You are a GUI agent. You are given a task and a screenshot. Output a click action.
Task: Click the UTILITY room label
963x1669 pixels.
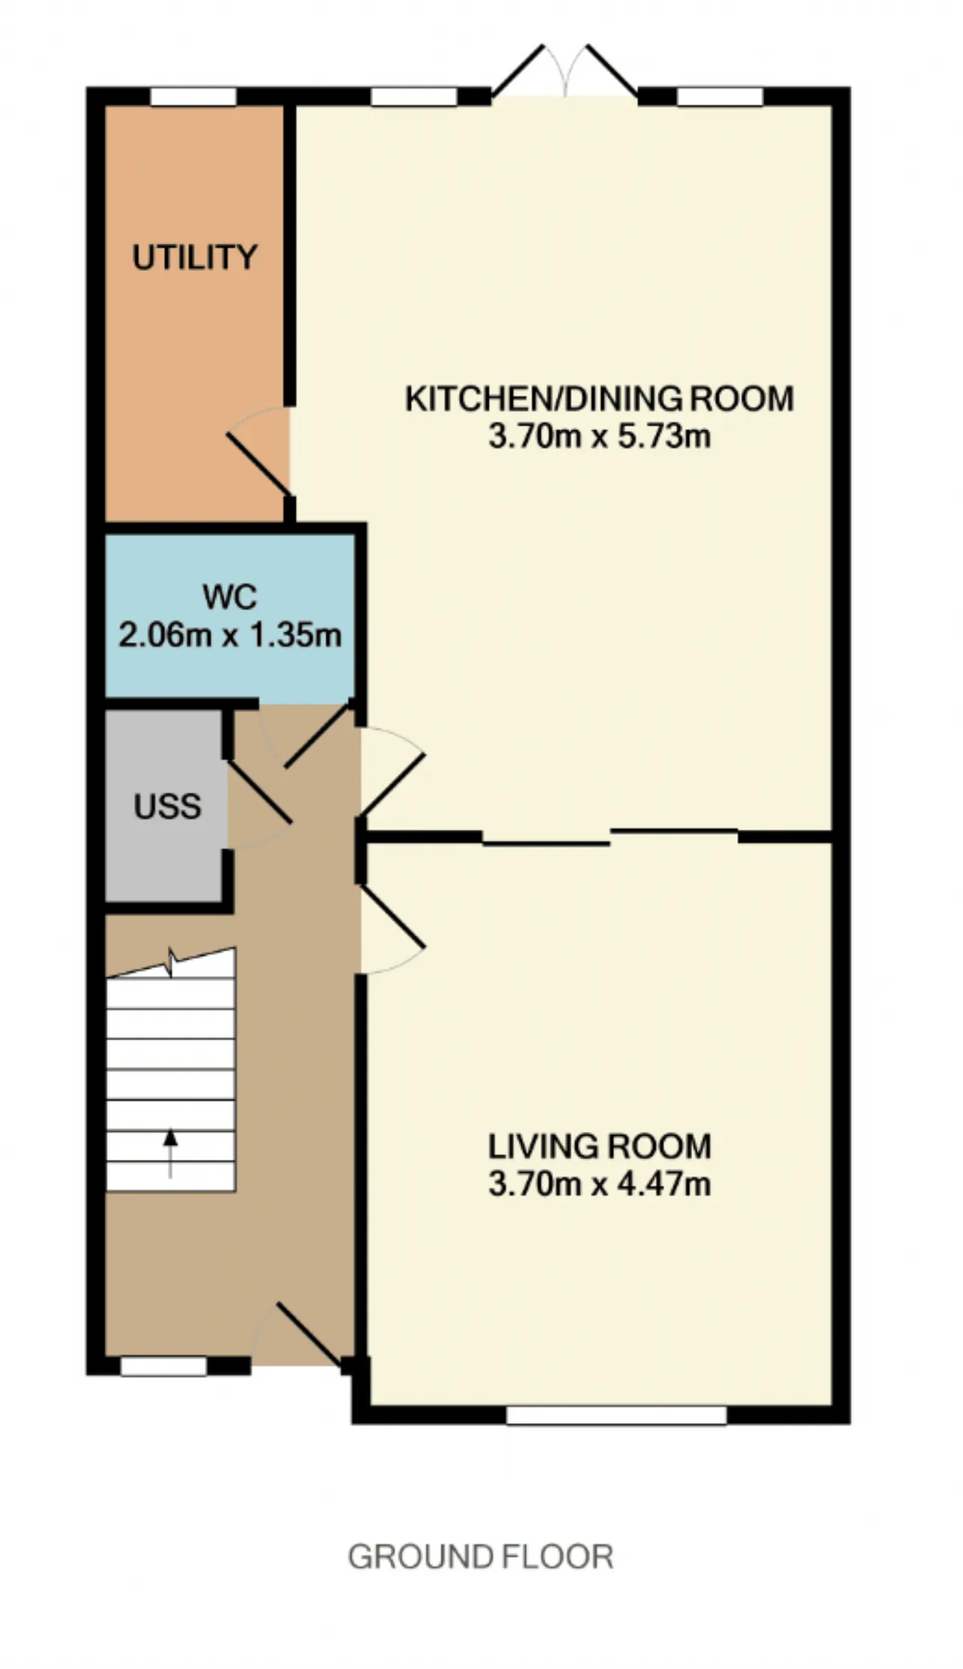pyautogui.click(x=195, y=257)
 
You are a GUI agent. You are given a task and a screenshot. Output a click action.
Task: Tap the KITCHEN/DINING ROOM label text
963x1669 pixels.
pyautogui.click(x=600, y=399)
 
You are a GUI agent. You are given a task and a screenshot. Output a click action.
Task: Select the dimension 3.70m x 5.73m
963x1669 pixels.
pyautogui.click(x=600, y=436)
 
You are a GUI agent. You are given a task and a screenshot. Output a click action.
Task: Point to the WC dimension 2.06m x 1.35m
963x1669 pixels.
pyautogui.click(x=230, y=636)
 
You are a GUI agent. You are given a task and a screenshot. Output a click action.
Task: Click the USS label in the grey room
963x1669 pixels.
pyautogui.click(x=168, y=806)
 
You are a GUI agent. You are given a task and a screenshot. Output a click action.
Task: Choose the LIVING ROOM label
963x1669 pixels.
pyautogui.click(x=600, y=1146)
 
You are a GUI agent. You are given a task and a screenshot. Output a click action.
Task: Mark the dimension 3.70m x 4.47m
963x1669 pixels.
pyautogui.click(x=600, y=1184)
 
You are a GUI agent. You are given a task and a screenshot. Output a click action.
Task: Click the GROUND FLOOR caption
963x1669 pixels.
pyautogui.click(x=481, y=1556)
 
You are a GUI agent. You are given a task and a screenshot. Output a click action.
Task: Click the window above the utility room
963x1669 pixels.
pyautogui.click(x=193, y=97)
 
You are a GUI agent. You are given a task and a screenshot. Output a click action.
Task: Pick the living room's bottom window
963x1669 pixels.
pyautogui.click(x=617, y=1415)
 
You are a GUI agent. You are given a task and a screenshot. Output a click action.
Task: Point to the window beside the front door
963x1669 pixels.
pyautogui.click(x=163, y=1367)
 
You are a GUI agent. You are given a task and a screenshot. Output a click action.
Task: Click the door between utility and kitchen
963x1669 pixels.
pyautogui.click(x=259, y=451)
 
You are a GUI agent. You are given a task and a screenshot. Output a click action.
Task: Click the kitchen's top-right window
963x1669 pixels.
pyautogui.click(x=720, y=97)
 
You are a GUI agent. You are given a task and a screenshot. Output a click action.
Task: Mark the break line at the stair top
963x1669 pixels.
pyautogui.click(x=172, y=963)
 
